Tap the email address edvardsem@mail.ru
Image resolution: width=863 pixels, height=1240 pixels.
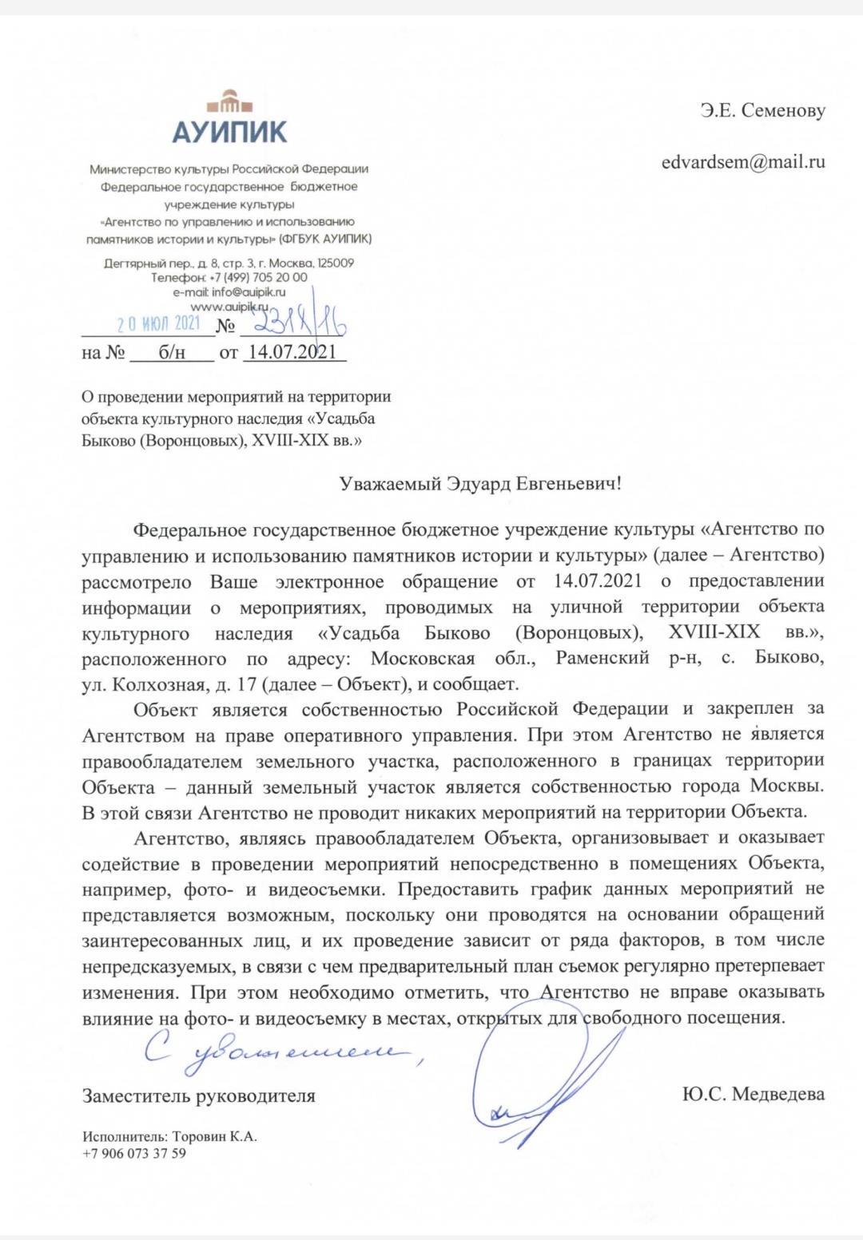(742, 162)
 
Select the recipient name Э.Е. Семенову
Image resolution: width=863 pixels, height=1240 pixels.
(762, 111)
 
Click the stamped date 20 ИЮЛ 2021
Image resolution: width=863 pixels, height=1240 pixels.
(158, 324)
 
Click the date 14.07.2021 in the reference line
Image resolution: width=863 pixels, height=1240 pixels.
(292, 352)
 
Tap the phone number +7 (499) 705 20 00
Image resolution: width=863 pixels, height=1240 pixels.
(230, 278)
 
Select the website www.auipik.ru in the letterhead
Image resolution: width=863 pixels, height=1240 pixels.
(229, 307)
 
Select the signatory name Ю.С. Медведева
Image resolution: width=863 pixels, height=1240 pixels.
(753, 1094)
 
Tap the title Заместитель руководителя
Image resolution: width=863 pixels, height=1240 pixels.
(199, 1095)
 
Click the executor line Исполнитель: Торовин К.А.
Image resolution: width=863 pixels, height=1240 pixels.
(169, 1136)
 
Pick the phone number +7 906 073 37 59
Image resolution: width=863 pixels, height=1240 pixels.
(134, 1153)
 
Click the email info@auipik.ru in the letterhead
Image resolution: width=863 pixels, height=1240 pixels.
(229, 292)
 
